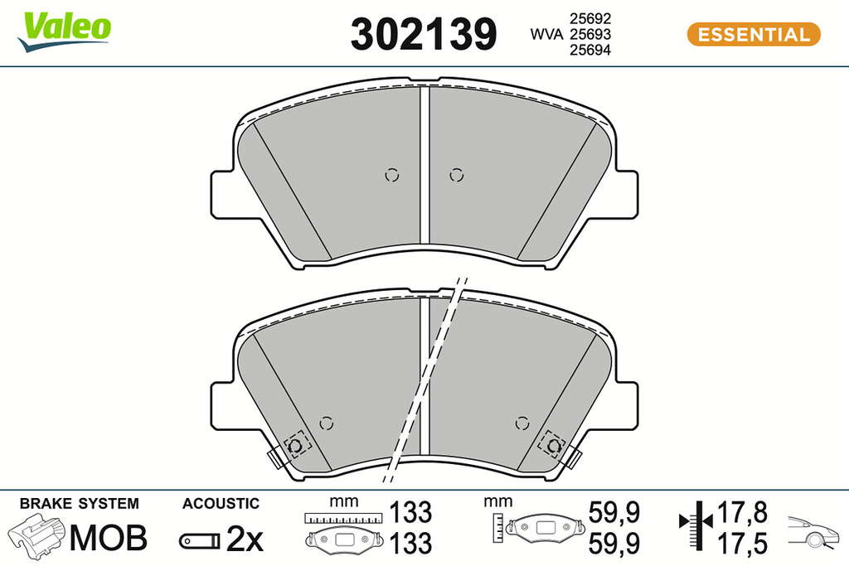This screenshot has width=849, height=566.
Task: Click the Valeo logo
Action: tap(64, 31)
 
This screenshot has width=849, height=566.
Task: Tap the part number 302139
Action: tap(424, 34)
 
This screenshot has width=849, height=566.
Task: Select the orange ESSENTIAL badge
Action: tap(754, 35)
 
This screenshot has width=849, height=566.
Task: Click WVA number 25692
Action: tap(590, 18)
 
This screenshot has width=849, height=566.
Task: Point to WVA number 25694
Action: tap(590, 50)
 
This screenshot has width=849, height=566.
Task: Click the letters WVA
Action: tap(547, 34)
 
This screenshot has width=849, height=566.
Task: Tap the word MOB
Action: tap(109, 538)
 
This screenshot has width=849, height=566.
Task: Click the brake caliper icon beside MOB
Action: tap(36, 535)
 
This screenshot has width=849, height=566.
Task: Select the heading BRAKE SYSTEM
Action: tap(79, 504)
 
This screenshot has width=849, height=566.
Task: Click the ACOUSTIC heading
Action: tap(221, 504)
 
